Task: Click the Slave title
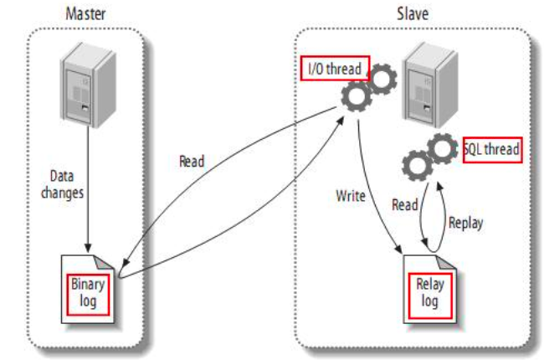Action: pyautogui.click(x=412, y=14)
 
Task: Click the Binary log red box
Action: pyautogui.click(x=88, y=291)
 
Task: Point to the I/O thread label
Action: pyautogui.click(x=333, y=69)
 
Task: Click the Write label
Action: pyautogui.click(x=350, y=198)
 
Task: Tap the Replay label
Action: pyautogui.click(x=466, y=223)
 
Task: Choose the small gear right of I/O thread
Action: pyautogui.click(x=381, y=78)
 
